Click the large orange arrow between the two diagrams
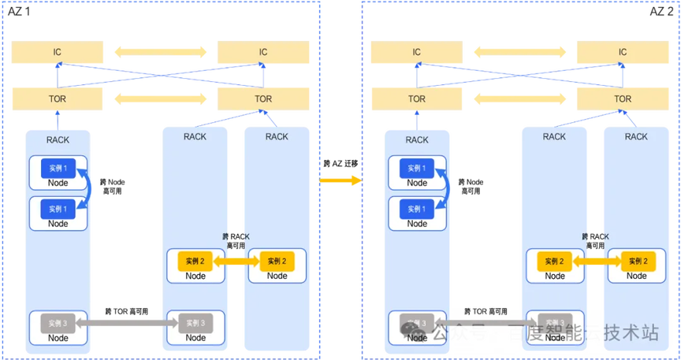(340, 181)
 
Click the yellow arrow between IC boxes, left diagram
(160, 53)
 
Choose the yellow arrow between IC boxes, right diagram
(520, 53)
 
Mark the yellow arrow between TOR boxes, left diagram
(160, 99)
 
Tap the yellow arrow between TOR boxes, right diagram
(520, 99)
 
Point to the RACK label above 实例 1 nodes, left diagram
(58, 139)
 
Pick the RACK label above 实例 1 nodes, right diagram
(417, 139)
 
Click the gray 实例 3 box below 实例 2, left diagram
(195, 323)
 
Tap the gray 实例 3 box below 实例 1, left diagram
(58, 323)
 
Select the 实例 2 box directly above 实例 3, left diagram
(195, 261)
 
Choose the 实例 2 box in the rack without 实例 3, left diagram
(277, 261)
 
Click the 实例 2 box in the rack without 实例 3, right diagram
(636, 261)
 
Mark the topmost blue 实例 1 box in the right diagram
(417, 168)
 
